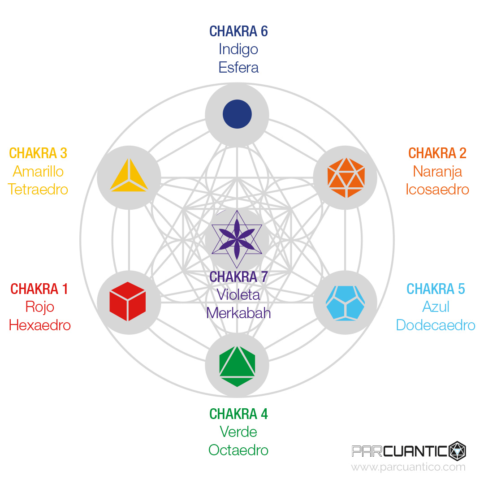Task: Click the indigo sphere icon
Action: pos(237,114)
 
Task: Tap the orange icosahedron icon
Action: pos(346,177)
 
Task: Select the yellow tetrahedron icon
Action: pos(129,176)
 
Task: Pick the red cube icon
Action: pos(128,301)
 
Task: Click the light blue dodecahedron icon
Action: pos(346,302)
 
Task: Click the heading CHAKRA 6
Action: pos(238,31)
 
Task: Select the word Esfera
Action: pos(238,67)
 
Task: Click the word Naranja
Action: pos(437,171)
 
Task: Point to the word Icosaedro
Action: pos(437,189)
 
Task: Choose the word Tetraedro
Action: pos(38,189)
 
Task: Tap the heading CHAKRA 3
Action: pos(38,153)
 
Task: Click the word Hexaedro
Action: pos(40,325)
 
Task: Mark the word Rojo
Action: pos(40,307)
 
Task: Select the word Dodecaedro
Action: pos(436,325)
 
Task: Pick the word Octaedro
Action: pos(238,450)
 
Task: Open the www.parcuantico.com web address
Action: pos(408,467)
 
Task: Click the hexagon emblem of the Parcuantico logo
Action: pos(457,450)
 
